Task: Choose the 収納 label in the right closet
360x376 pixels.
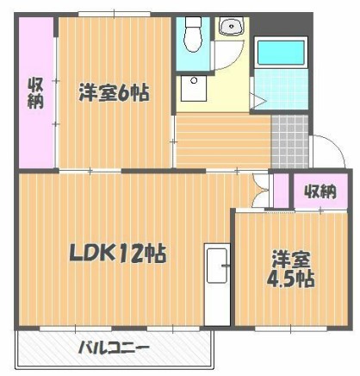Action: [x=320, y=191]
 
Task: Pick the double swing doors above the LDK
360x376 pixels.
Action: [x=259, y=191]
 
